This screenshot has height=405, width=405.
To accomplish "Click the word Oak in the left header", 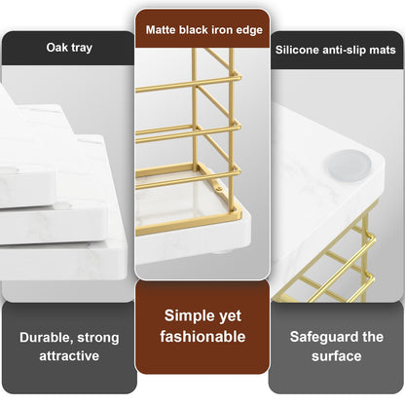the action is click(x=57, y=48).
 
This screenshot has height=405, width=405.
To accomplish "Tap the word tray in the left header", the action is click(x=82, y=48).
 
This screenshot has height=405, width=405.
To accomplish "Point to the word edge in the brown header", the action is click(x=249, y=30).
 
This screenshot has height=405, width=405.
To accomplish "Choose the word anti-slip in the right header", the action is click(x=344, y=51).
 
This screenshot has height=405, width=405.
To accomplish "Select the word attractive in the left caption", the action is click(x=69, y=356).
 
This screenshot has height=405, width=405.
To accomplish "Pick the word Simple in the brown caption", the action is click(x=185, y=315).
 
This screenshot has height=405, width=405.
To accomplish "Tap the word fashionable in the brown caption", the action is click(x=202, y=337).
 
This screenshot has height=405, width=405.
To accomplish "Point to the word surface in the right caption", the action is click(x=337, y=356).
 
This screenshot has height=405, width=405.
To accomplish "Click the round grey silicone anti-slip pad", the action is click(x=350, y=165).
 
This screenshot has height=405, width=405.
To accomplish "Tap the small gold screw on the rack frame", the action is click(x=219, y=189).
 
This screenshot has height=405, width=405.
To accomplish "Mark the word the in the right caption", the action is click(x=373, y=337).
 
